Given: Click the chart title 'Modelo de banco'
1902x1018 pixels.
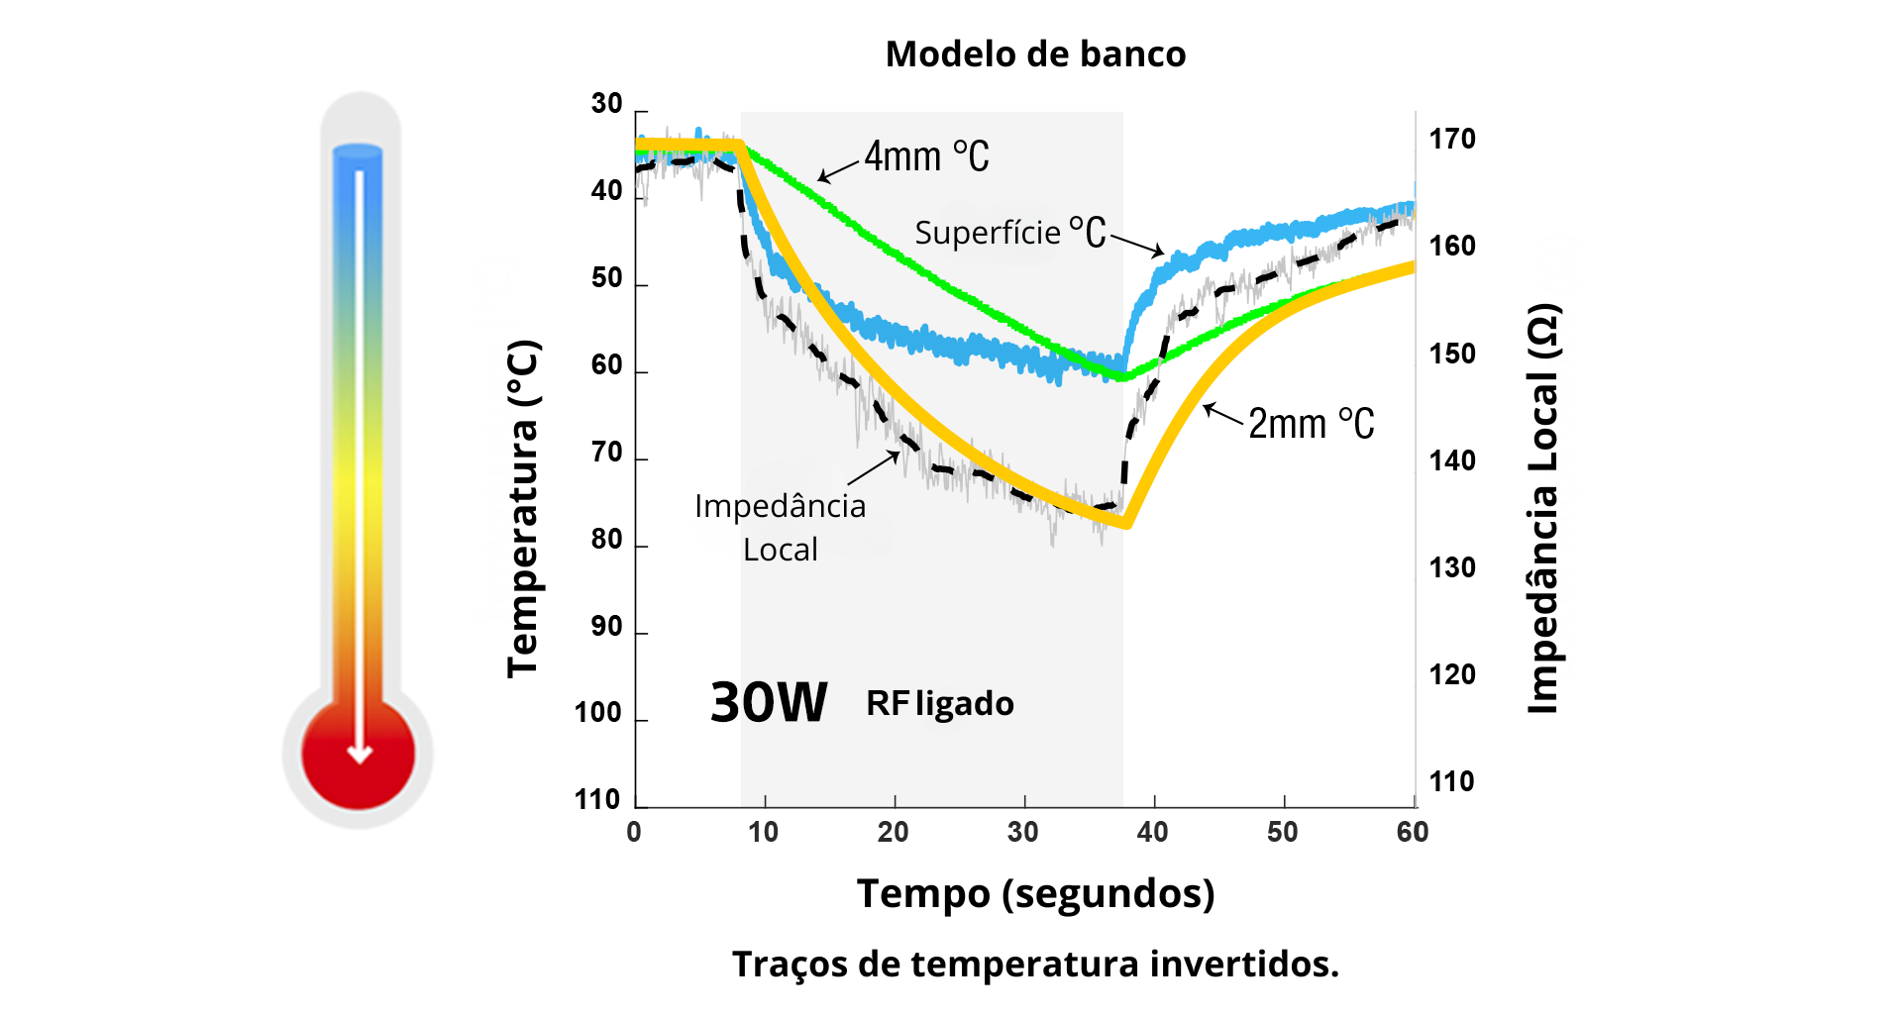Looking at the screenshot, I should tap(1035, 54).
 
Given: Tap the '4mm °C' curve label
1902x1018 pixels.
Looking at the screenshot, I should tap(926, 156).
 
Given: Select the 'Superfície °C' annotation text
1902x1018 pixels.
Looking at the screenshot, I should tap(1009, 234).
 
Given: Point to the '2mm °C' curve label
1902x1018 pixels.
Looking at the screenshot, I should tap(1311, 424).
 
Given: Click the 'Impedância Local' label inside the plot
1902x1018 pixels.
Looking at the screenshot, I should tap(781, 528).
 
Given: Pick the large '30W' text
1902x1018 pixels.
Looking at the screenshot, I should tap(769, 703).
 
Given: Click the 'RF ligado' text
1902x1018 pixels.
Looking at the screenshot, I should tap(940, 704).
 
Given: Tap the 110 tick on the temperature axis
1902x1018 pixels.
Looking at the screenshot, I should tap(597, 800).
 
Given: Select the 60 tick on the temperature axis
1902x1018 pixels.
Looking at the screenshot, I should tap(606, 365).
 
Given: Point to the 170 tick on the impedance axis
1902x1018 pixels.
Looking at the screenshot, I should tap(1452, 140).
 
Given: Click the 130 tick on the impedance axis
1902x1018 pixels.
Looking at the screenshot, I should tap(1452, 568).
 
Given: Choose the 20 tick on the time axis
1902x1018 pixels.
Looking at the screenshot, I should tap(894, 832).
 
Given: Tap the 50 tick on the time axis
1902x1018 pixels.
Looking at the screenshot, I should tap(1283, 832).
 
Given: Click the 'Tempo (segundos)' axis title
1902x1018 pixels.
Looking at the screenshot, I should tap(1035, 893).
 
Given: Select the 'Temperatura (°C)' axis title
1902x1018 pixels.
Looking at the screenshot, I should tap(523, 509).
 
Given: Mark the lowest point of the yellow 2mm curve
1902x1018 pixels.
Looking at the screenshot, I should tap(1126, 525).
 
